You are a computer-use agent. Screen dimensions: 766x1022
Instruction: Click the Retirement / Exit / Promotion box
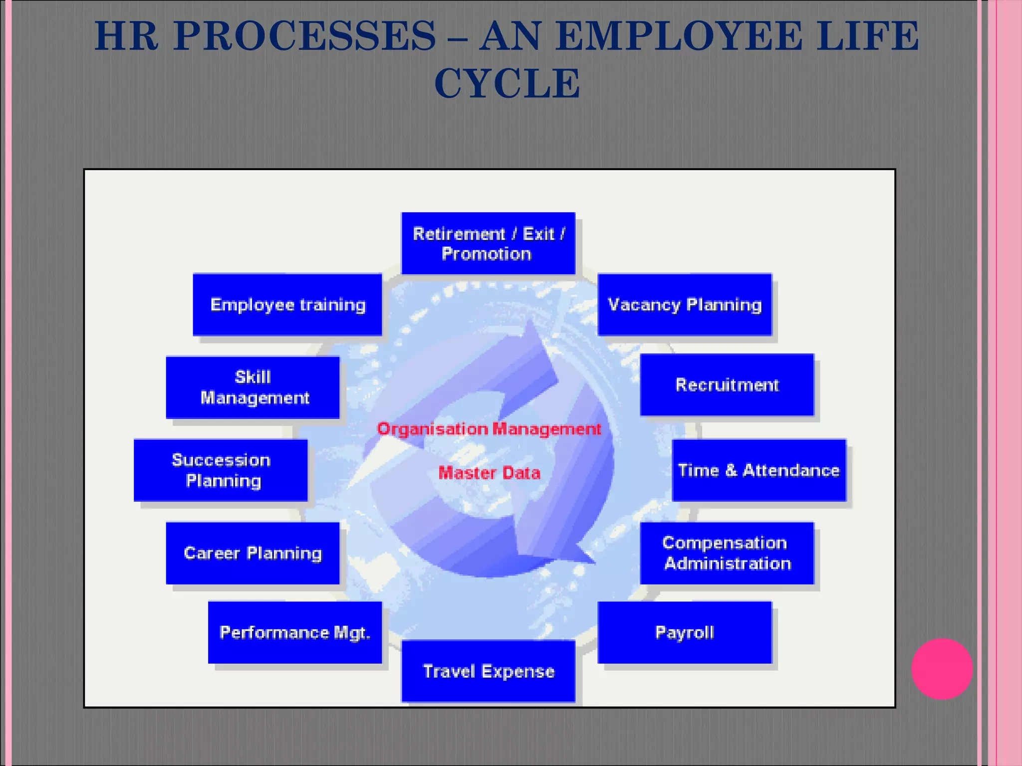pyautogui.click(x=488, y=243)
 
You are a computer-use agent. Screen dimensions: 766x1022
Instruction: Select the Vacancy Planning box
pyautogui.click(x=684, y=304)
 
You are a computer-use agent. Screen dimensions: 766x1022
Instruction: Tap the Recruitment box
pyautogui.click(x=727, y=384)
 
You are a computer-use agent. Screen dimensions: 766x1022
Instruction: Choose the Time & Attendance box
pyautogui.click(x=759, y=470)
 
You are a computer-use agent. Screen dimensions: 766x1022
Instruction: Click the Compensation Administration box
pyautogui.click(x=727, y=553)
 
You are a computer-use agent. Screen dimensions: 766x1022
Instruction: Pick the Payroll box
pyautogui.click(x=684, y=632)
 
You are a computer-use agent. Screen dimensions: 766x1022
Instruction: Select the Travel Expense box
pyautogui.click(x=488, y=671)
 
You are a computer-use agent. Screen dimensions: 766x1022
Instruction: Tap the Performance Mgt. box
pyautogui.click(x=294, y=632)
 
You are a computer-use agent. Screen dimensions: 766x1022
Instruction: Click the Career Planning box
pyautogui.click(x=253, y=553)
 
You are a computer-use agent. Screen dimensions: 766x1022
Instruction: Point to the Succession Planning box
pyautogui.click(x=221, y=470)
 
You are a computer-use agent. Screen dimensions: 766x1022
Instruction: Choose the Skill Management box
pyautogui.click(x=253, y=387)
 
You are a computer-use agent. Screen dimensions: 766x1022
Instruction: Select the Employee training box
pyautogui.click(x=287, y=304)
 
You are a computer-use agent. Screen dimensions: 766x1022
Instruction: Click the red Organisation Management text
pyautogui.click(x=489, y=429)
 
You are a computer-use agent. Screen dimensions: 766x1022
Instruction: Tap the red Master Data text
pyautogui.click(x=489, y=472)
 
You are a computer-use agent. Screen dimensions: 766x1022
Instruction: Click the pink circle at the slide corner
pyautogui.click(x=942, y=669)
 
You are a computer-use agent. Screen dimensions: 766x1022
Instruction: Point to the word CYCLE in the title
pyautogui.click(x=507, y=83)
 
